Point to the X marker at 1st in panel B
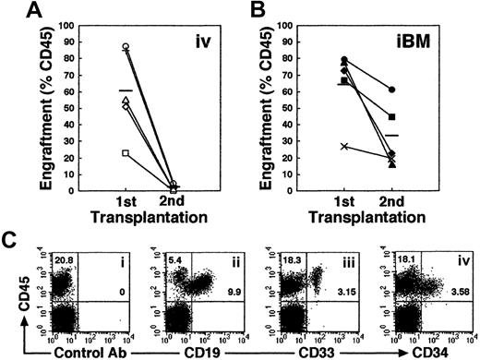346,146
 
